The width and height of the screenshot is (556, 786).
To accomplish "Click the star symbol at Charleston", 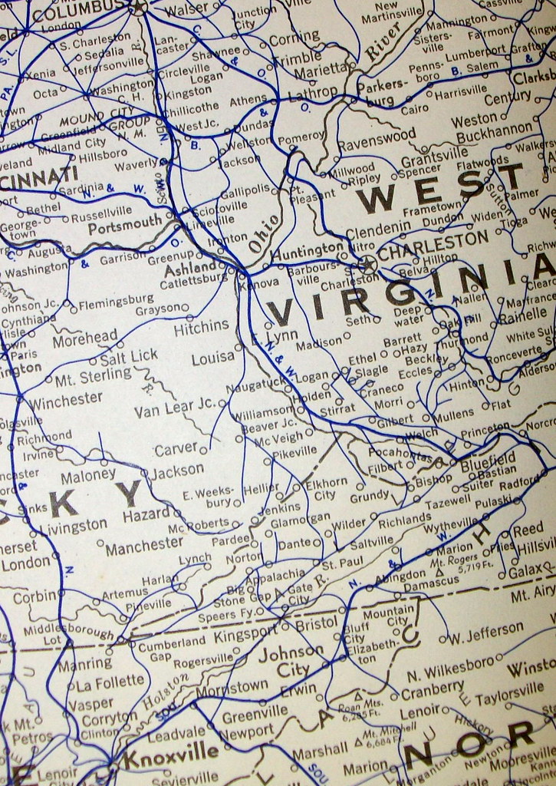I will [369, 265].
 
